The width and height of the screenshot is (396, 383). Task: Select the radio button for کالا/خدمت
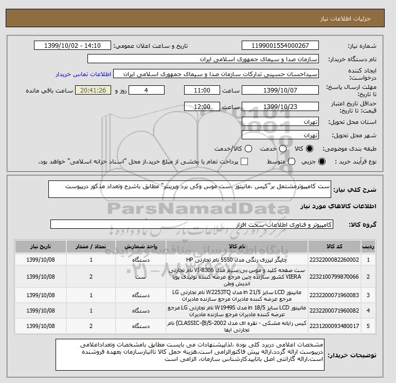coord(248,149)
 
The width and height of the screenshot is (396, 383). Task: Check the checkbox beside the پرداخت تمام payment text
coord(244,161)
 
